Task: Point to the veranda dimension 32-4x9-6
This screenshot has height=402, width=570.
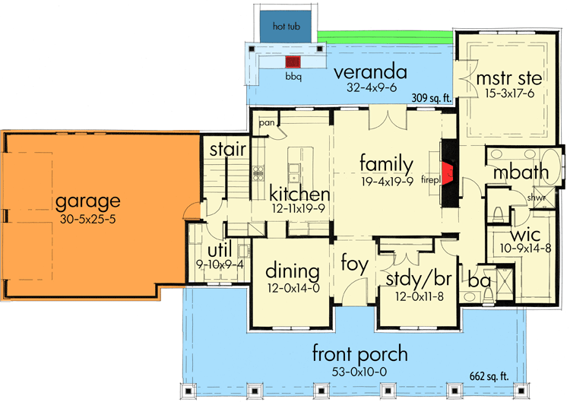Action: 372,88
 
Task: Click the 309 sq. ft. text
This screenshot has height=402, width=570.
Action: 432,98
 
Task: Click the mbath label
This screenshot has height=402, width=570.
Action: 521,173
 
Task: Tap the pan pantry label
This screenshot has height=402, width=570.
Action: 266,122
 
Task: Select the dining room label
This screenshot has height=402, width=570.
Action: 292,271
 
